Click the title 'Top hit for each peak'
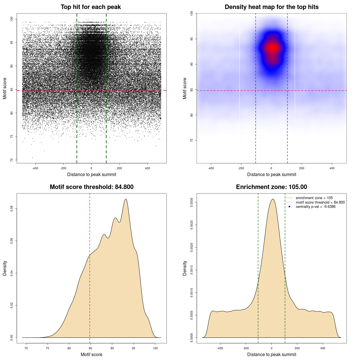coord(91,7)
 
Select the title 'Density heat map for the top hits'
coord(271,7)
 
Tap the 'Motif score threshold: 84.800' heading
coord(91,187)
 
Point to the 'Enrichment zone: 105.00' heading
coord(271,187)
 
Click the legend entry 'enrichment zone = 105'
coord(314,198)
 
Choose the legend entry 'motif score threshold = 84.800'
coord(320,202)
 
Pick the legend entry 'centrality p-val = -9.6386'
coord(315,207)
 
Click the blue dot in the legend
coord(289,207)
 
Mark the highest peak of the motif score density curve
coord(126,199)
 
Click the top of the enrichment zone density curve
coord(273,199)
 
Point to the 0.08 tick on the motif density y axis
coord(12,209)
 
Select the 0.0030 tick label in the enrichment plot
coord(192,202)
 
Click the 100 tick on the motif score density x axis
coord(155,348)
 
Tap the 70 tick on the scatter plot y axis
coord(12,160)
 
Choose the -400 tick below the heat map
coord(211,168)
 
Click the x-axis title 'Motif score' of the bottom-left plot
coord(91,354)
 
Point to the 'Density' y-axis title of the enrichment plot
coord(185,268)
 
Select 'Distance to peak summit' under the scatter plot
coord(92,175)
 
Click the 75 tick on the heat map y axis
coord(192,140)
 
